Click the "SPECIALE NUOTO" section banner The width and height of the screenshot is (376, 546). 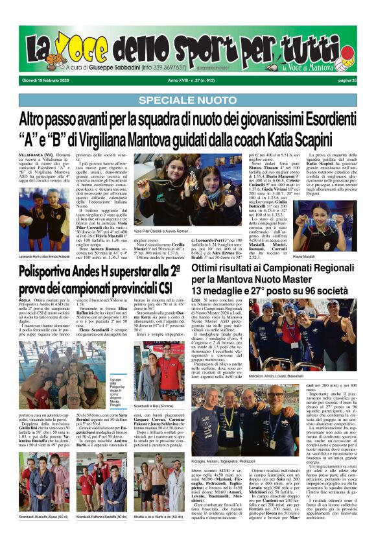188,100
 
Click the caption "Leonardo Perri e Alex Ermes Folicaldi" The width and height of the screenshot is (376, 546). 45,257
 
